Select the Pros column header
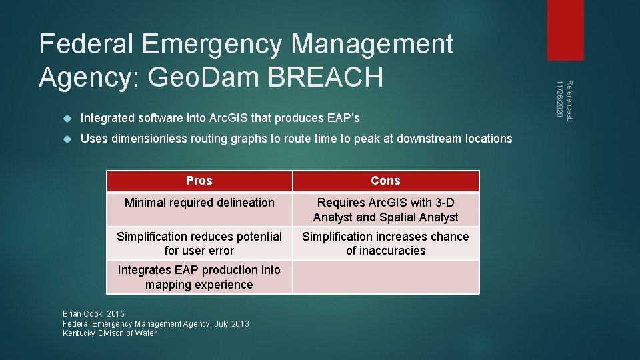pos(199,181)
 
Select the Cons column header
pos(385,181)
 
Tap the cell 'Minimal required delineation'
pos(199,203)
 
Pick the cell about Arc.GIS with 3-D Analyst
pos(385,209)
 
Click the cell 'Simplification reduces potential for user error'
pos(199,243)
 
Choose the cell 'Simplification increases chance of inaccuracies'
pos(385,243)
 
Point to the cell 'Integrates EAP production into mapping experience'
pos(199,277)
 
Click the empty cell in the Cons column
pos(385,277)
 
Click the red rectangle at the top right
pos(565,30)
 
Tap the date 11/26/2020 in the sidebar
pos(560,100)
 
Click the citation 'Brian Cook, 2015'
pos(93,313)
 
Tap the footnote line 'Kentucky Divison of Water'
pos(109,333)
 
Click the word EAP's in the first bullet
pos(343,118)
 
